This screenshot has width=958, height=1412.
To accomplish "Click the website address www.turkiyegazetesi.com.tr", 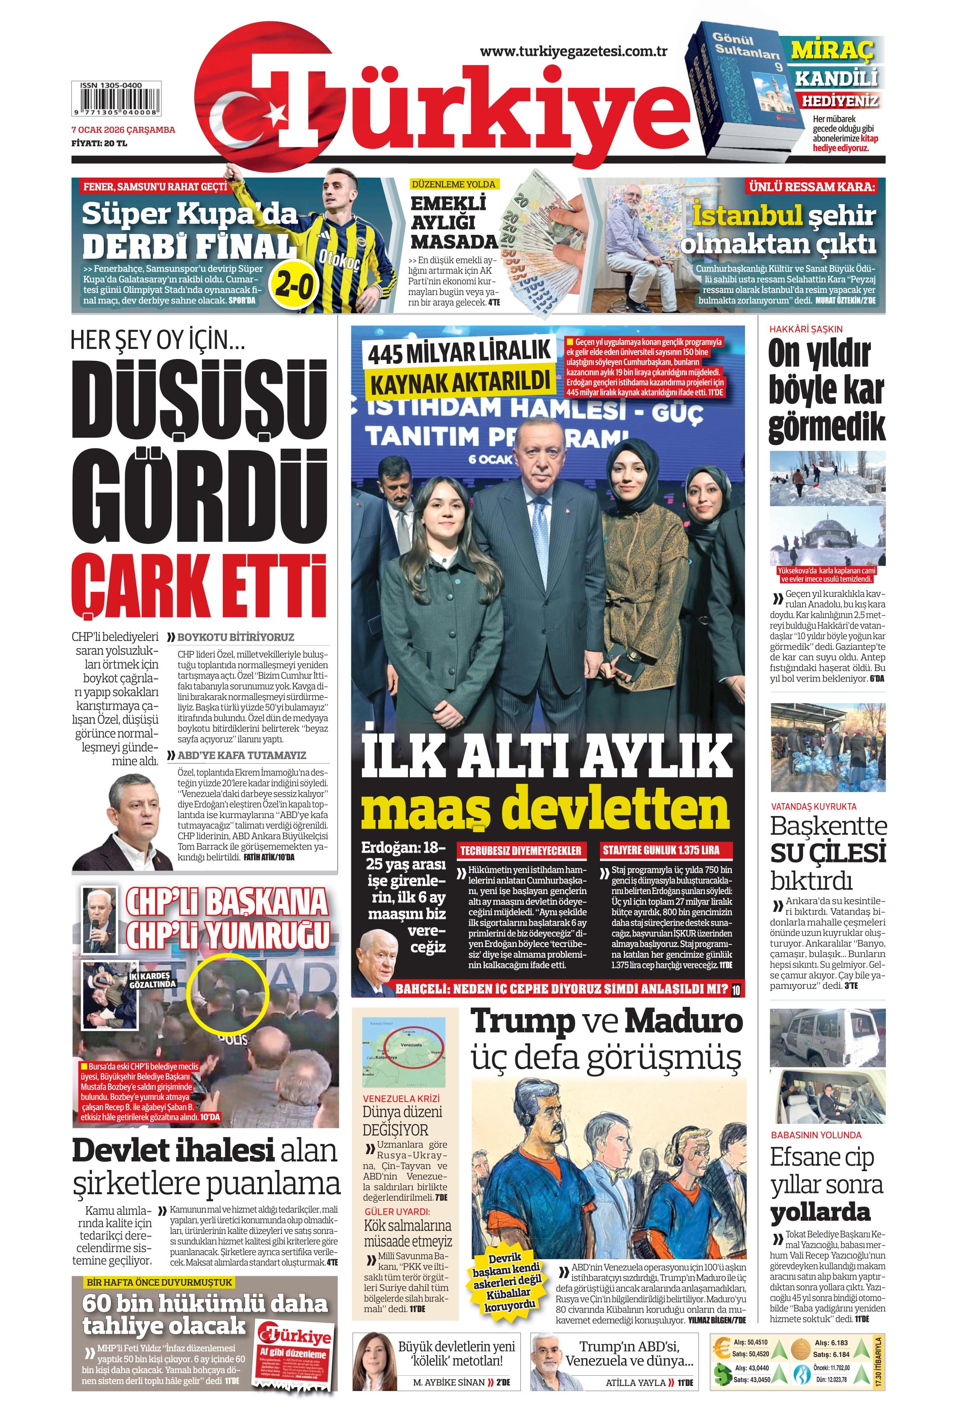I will click(573, 52).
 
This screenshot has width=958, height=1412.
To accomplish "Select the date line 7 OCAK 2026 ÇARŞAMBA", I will click(123, 129).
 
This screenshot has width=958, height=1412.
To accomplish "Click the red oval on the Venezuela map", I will click(418, 1046).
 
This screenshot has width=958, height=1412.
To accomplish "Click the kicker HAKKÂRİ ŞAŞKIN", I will click(806, 329).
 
